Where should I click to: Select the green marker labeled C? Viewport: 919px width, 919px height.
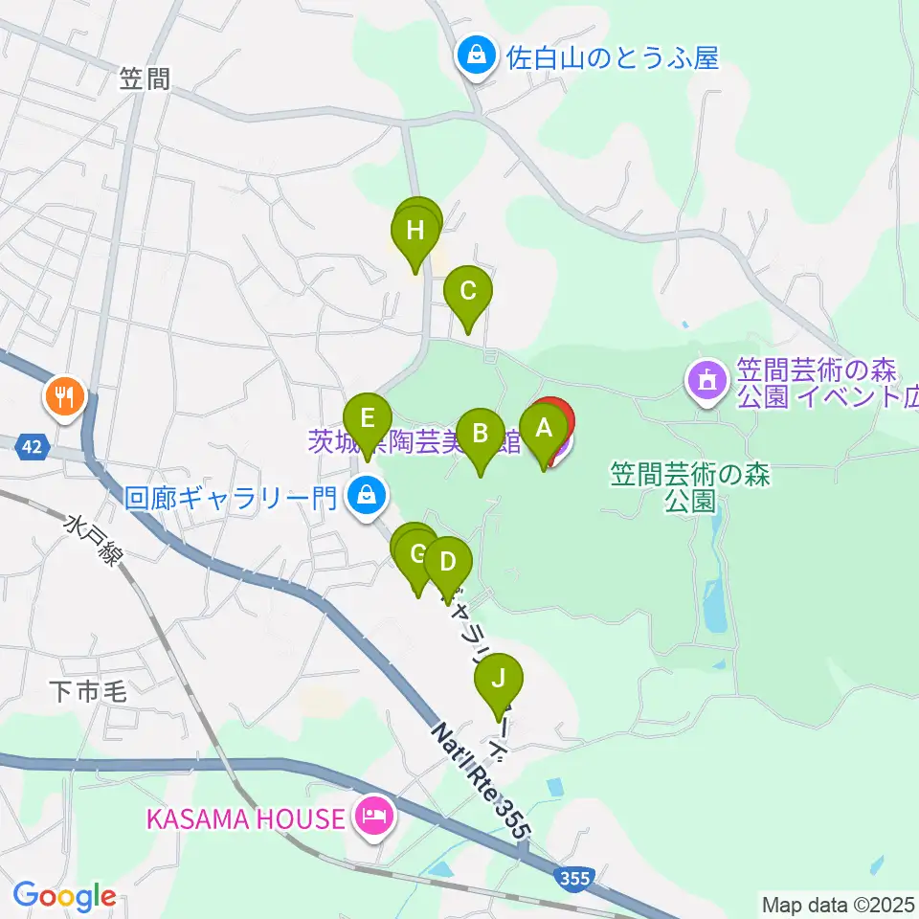(468, 292)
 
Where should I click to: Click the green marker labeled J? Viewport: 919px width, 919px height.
(499, 681)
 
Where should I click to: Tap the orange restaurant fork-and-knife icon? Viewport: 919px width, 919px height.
(65, 394)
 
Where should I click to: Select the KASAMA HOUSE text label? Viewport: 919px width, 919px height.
(245, 818)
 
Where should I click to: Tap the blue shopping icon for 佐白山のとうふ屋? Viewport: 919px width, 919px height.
(475, 57)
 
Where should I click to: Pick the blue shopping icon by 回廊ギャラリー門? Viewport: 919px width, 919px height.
(365, 496)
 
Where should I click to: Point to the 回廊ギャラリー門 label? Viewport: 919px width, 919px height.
(232, 498)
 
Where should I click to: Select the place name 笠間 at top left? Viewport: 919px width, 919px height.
(146, 79)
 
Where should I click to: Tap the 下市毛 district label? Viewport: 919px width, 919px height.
(87, 691)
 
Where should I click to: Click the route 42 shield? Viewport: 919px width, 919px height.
(33, 446)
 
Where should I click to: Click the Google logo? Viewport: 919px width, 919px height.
(64, 897)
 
